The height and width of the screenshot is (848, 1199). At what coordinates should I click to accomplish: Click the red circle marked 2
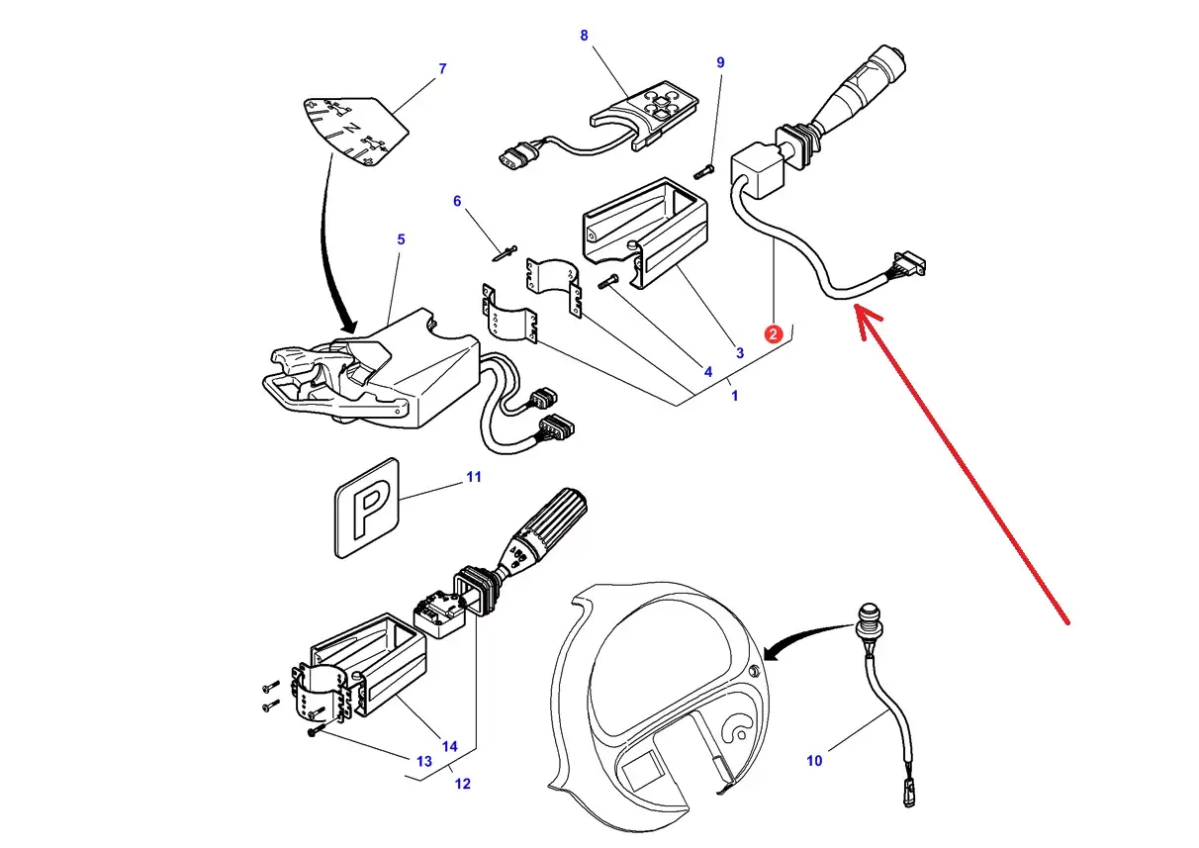(x=773, y=334)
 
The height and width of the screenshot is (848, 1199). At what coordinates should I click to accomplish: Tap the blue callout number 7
(x=442, y=68)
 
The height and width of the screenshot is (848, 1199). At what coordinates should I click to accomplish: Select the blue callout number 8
(x=584, y=36)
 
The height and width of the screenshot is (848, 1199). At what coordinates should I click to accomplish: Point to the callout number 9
(x=720, y=62)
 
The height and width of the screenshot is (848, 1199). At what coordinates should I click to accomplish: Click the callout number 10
(x=814, y=761)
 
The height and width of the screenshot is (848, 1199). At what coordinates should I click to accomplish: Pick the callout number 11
(x=474, y=477)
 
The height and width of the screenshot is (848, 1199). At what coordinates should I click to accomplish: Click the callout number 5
(x=401, y=239)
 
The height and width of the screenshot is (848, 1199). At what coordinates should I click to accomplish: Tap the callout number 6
(x=457, y=201)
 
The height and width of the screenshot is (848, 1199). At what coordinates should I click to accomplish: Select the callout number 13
(x=424, y=761)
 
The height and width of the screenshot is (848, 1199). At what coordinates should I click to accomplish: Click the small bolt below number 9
(x=704, y=172)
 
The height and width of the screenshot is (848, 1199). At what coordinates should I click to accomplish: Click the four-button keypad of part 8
(x=662, y=103)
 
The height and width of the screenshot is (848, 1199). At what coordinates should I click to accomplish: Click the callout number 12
(x=462, y=784)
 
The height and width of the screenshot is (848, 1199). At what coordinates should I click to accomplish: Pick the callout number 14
(x=449, y=746)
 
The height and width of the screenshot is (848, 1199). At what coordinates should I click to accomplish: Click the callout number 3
(x=740, y=353)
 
